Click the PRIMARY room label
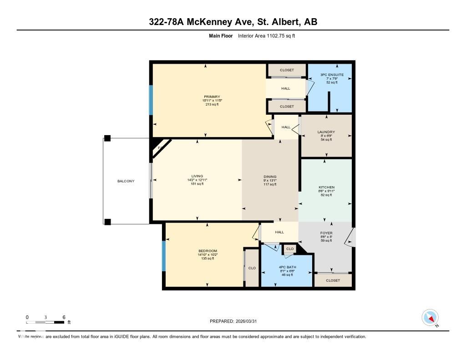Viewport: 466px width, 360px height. click(x=212, y=96)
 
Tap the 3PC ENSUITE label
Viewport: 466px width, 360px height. click(x=332, y=74)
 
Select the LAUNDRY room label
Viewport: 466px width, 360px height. click(x=326, y=132)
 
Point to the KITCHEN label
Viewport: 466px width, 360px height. click(x=326, y=187)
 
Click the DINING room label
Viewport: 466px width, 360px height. click(x=270, y=177)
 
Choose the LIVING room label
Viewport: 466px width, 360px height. click(x=197, y=176)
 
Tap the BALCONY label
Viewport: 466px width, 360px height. click(x=126, y=181)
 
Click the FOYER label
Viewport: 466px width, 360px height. click(x=326, y=233)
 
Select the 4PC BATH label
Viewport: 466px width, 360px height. click(x=287, y=267)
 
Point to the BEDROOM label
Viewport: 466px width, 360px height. click(x=208, y=251)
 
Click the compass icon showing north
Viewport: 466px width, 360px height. click(x=430, y=317)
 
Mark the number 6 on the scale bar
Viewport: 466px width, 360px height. click(x=64, y=317)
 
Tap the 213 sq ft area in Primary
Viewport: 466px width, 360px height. click(x=212, y=104)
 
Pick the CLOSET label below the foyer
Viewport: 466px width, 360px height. click(x=333, y=280)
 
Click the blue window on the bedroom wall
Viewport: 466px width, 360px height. click(x=164, y=256)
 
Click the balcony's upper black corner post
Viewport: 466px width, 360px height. click(x=107, y=138)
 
